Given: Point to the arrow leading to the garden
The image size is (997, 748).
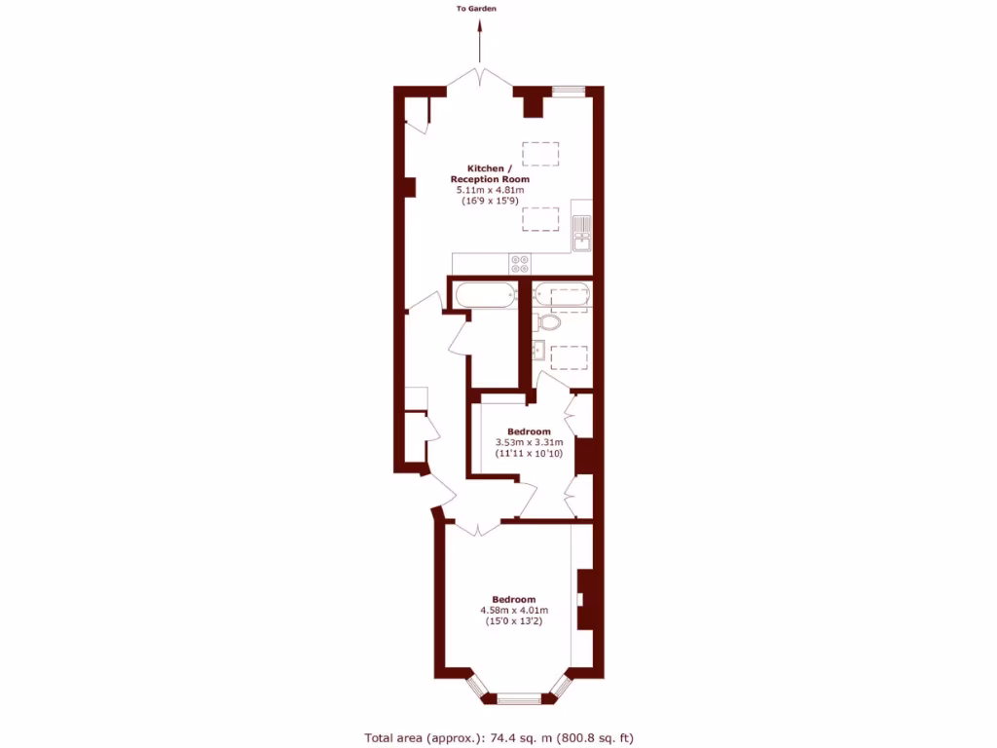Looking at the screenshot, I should [x=479, y=44].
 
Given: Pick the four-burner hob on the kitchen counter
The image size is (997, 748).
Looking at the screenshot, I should [x=520, y=263].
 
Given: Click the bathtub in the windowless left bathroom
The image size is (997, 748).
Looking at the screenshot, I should [x=484, y=294].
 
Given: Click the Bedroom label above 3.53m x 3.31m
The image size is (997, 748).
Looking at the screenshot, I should [x=529, y=431].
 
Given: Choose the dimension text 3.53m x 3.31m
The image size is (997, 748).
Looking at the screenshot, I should [x=529, y=442].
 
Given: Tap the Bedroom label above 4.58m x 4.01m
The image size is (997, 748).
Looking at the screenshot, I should [x=513, y=599].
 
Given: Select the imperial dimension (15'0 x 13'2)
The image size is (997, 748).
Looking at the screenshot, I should [x=513, y=622].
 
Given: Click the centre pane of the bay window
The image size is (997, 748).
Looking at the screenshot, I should [x=518, y=697].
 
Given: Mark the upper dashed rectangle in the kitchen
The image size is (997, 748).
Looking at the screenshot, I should [x=540, y=155].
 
